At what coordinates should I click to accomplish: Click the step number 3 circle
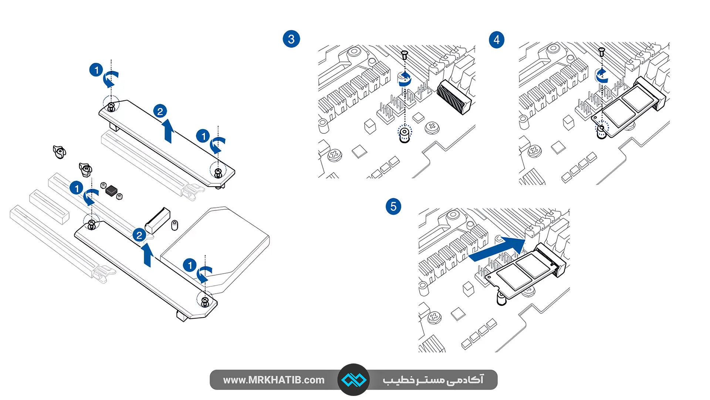[291, 39]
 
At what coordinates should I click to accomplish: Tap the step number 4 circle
[497, 40]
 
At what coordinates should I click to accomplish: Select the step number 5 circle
[393, 206]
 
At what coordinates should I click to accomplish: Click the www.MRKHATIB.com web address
[274, 380]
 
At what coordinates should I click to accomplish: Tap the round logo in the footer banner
[354, 380]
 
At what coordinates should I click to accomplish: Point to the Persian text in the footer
[433, 380]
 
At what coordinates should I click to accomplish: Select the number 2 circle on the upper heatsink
[160, 111]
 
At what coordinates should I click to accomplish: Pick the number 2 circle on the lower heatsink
[139, 235]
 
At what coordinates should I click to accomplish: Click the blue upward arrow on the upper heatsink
[169, 131]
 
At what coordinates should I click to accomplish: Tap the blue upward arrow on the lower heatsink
[148, 255]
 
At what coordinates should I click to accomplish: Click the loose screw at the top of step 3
[405, 55]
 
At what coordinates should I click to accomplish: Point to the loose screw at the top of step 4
[602, 52]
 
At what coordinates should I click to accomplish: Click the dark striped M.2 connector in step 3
[453, 97]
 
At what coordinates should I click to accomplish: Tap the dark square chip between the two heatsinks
[111, 191]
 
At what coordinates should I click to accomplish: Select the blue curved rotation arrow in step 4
[602, 76]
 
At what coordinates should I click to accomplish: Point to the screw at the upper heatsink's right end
[218, 173]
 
